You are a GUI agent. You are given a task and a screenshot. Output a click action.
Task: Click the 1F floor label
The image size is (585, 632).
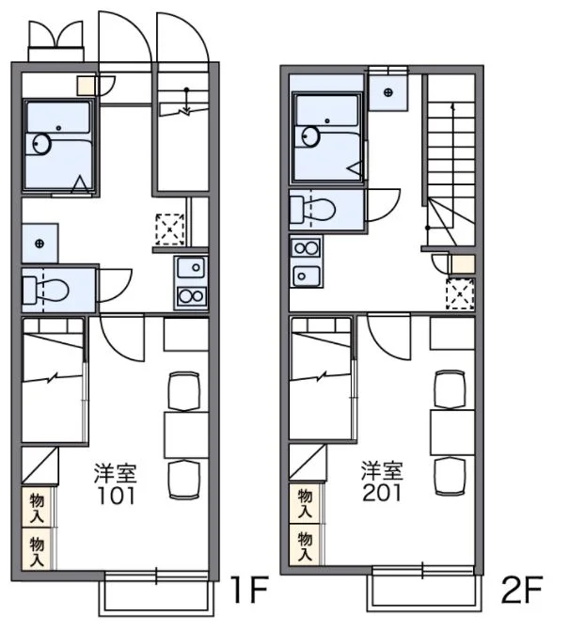(249, 590)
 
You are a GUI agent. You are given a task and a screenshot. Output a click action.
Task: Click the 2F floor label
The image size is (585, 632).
(522, 590)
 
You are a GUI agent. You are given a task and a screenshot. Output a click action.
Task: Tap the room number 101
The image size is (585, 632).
(116, 496)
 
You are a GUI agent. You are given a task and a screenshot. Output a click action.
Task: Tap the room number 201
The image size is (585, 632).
(382, 493)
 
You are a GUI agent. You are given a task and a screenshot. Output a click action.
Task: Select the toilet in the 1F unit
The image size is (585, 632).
(45, 290)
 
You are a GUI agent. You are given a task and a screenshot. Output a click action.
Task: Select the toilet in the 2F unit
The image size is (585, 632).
(313, 209)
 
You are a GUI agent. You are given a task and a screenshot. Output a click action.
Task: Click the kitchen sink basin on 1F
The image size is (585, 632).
(191, 268)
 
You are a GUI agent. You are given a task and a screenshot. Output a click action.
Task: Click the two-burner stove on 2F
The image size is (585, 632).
(306, 248)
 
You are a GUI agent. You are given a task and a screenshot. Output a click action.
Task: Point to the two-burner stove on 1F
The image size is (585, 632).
(191, 296)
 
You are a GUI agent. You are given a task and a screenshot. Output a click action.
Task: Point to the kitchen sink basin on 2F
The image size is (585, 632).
(306, 276)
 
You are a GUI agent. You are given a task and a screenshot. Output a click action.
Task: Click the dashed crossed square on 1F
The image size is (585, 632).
(170, 229)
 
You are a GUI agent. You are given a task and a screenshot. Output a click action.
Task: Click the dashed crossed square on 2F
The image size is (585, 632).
(460, 293)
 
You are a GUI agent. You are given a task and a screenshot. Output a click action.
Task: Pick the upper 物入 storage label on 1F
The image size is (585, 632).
(37, 509)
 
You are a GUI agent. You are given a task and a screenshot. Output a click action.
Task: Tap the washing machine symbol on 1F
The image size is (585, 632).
(40, 243)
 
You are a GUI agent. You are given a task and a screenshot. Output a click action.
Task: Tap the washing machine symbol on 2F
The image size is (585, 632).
(388, 93)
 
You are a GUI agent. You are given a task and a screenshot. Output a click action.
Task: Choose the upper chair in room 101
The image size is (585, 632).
(184, 391)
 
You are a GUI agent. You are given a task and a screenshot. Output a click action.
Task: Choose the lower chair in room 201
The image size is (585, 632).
(450, 476)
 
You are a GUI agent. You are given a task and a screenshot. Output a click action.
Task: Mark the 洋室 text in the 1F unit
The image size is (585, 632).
(116, 474)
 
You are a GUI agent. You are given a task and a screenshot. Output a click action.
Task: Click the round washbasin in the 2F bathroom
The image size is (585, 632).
(310, 136)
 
